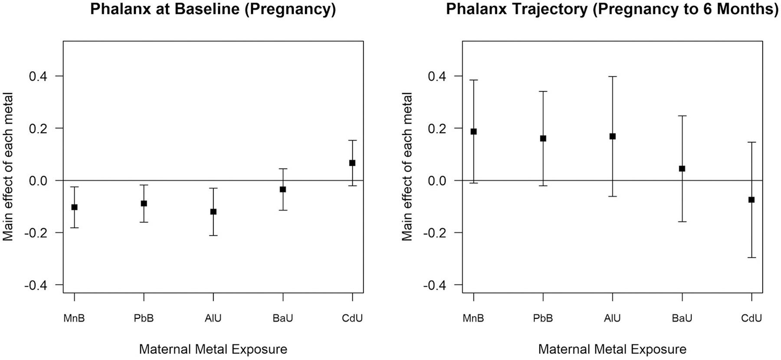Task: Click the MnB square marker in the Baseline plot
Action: pos(74,207)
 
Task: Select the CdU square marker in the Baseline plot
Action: pos(352,163)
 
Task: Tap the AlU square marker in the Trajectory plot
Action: pos(613,136)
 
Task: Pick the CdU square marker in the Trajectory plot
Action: pos(751,200)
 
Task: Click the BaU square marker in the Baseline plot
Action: pos(283,189)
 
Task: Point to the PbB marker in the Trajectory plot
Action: pos(543,138)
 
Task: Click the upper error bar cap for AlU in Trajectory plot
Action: pos(613,77)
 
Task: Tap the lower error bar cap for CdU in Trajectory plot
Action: pos(751,258)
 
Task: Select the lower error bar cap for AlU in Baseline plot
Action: pos(213,236)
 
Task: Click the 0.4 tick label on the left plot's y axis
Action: pos(38,76)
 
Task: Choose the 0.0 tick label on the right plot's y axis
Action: pos(437,181)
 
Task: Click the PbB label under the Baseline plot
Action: pos(144,318)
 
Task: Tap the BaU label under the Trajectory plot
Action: pos(682,318)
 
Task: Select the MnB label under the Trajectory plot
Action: pos(473,318)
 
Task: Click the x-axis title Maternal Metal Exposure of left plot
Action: pos(213,349)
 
